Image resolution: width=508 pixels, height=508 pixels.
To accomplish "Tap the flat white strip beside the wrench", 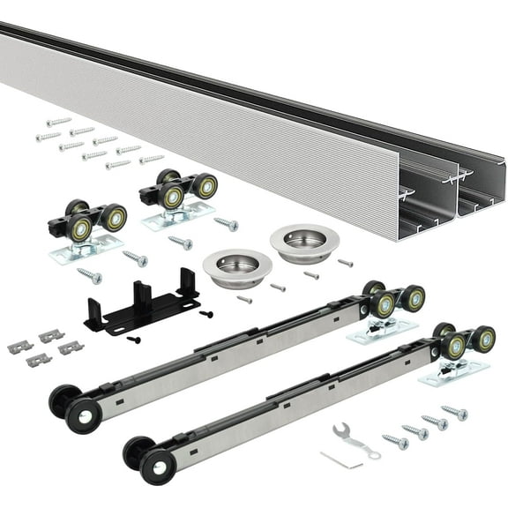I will [340, 459].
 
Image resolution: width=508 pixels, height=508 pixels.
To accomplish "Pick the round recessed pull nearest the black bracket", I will [235, 266].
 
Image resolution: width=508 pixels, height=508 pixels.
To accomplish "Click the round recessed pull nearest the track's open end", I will [303, 242].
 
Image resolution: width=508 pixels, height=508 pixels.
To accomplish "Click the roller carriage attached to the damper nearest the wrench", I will [459, 346].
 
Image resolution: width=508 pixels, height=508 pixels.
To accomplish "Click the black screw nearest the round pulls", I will [206, 313].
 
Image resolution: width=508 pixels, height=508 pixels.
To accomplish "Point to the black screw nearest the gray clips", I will [134, 339].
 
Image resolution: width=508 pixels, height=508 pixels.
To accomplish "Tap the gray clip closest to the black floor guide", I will [71, 347].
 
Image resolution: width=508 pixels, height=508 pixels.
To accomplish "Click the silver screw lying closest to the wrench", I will [395, 438].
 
